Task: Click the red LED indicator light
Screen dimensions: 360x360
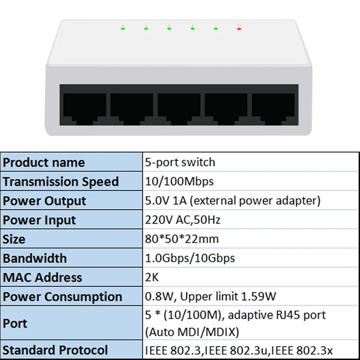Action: coord(239,29)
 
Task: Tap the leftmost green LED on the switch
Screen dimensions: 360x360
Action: coord(123,29)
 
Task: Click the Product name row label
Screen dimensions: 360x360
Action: coord(44,162)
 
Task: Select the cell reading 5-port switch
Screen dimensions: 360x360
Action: coord(180,162)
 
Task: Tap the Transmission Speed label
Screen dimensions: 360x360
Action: coord(61,182)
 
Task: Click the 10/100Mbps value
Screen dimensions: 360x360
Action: coord(179,182)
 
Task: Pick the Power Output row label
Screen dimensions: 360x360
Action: coord(45,201)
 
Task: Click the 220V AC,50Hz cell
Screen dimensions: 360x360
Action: coord(183,220)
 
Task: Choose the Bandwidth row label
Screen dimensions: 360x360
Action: coord(35,259)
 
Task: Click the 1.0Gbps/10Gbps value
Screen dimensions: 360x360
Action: coord(190,259)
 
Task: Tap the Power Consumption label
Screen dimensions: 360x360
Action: coord(63,297)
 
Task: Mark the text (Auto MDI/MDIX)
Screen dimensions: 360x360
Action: coord(191,332)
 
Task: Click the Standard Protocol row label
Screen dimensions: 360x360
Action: coord(55,350)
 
